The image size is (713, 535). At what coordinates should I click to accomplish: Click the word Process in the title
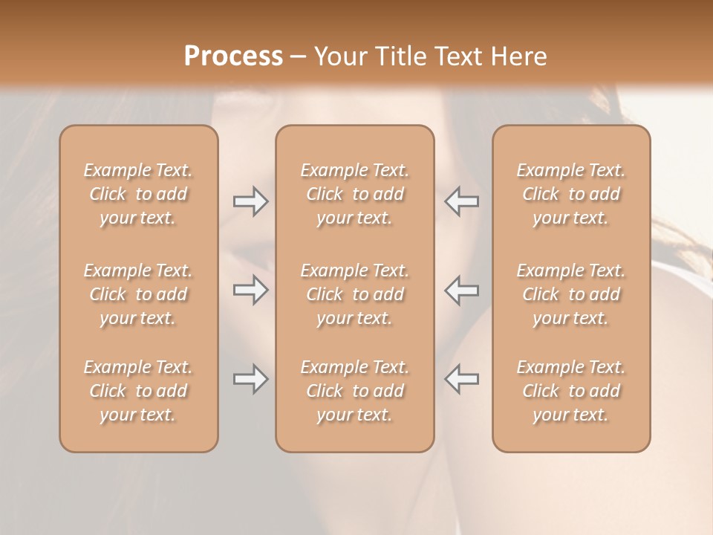233,56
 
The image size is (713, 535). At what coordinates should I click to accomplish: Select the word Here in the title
518,56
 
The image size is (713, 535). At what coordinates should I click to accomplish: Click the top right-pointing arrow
250,201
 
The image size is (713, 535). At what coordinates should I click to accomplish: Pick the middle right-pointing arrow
250,290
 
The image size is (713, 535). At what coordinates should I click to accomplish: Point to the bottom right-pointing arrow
250,379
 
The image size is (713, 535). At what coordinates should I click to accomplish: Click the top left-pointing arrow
462,201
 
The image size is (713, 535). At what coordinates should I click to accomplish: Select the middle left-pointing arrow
462,290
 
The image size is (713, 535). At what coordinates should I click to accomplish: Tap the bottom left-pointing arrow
462,379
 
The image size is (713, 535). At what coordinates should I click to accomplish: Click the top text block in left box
138,194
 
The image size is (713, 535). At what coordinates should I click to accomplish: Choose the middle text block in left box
138,294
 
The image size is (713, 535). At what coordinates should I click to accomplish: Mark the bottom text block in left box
138,391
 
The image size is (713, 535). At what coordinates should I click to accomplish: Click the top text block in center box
355,194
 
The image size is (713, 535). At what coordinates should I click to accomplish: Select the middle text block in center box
355,294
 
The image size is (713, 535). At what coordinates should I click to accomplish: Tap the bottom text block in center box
355,391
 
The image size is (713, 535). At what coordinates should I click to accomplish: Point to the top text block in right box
571,194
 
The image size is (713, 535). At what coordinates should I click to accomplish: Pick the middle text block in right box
571,294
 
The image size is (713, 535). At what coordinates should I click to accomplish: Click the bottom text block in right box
571,391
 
